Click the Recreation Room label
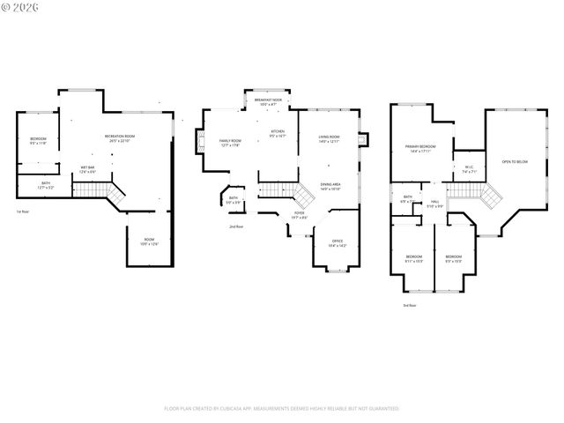(120, 137)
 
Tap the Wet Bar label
(88, 169)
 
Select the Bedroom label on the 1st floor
(38, 142)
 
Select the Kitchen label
(278, 134)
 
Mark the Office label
(337, 243)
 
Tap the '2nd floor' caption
(236, 226)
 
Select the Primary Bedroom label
(421, 148)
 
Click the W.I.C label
(469, 169)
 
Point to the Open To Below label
(515, 162)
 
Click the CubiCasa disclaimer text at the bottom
(282, 409)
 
